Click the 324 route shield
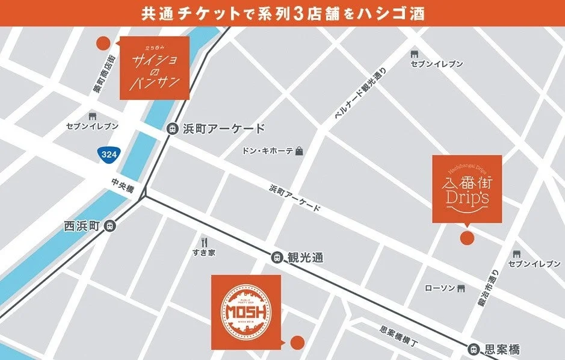109,154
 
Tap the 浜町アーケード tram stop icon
172,128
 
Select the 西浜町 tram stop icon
109,226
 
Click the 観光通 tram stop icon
277,256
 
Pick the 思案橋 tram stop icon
474,349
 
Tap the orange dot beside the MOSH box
296,343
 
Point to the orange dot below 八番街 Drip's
466,237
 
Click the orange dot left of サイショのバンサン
103,43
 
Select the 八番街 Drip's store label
467,188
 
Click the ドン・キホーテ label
268,151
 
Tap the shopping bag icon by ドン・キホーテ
299,151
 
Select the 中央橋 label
123,186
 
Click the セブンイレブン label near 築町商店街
93,126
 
